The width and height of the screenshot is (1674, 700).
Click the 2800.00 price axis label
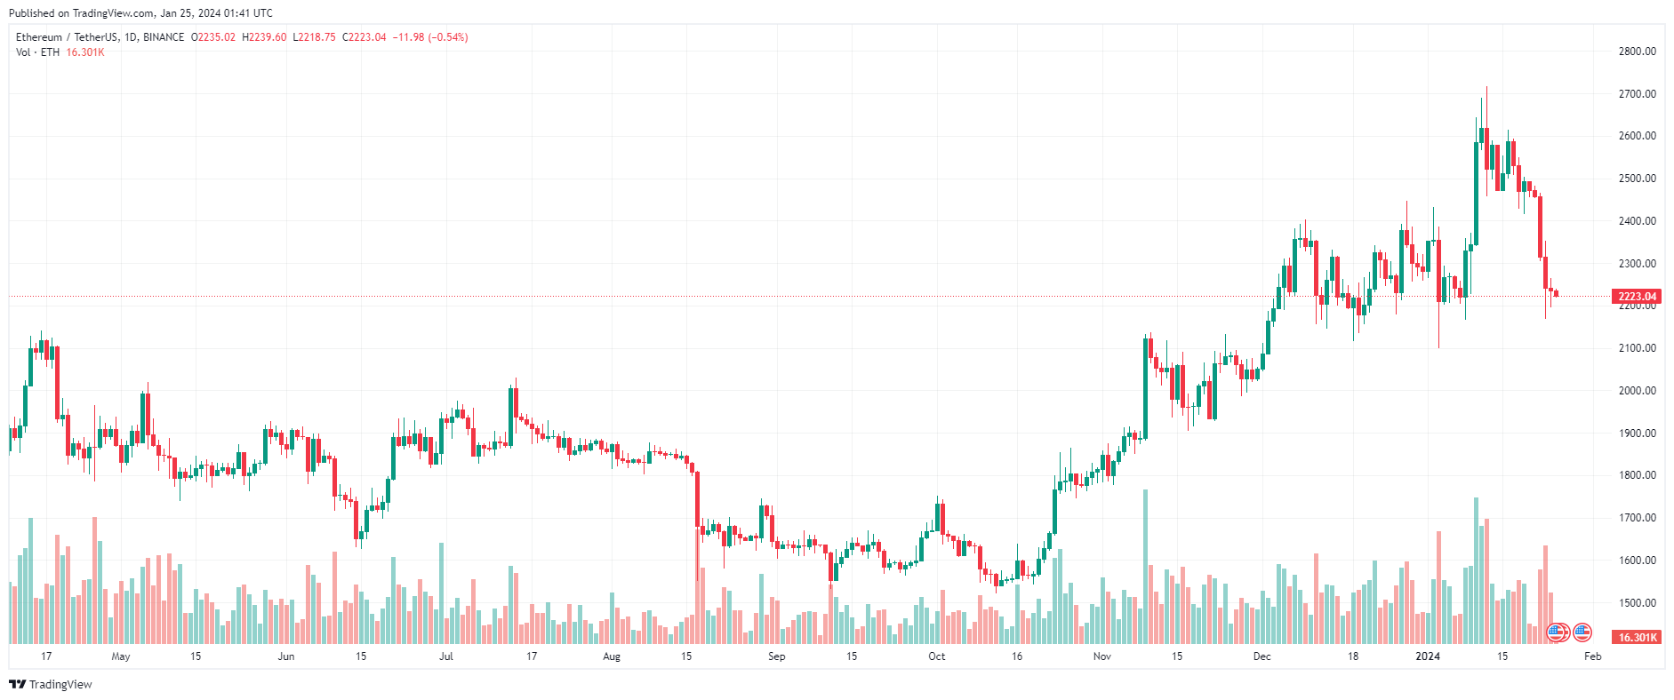(1637, 52)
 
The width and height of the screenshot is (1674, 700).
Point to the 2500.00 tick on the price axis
(1637, 179)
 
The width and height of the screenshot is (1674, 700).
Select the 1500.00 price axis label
(1637, 603)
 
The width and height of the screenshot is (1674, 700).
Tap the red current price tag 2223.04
(1636, 297)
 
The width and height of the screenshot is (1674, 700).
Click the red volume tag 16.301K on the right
(1637, 638)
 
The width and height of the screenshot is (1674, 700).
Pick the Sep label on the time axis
(776, 656)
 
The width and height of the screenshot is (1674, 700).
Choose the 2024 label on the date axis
(1428, 656)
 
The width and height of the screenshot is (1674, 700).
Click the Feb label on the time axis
(1592, 656)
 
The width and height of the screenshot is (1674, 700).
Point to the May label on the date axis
(121, 656)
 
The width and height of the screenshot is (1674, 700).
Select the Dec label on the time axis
(1262, 656)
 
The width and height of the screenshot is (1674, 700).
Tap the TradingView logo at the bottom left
(51, 684)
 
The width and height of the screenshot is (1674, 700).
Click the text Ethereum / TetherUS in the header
(67, 37)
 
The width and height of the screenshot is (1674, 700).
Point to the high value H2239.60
(264, 37)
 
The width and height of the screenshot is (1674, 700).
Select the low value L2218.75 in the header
(314, 37)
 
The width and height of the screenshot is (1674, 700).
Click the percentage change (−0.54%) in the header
(448, 37)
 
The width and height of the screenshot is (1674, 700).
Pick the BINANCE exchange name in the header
(164, 37)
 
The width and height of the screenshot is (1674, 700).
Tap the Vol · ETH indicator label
(37, 52)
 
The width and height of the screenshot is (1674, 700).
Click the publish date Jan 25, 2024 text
(216, 13)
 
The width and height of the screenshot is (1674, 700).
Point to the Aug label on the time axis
(612, 656)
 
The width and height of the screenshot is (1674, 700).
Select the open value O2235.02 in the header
(213, 37)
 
